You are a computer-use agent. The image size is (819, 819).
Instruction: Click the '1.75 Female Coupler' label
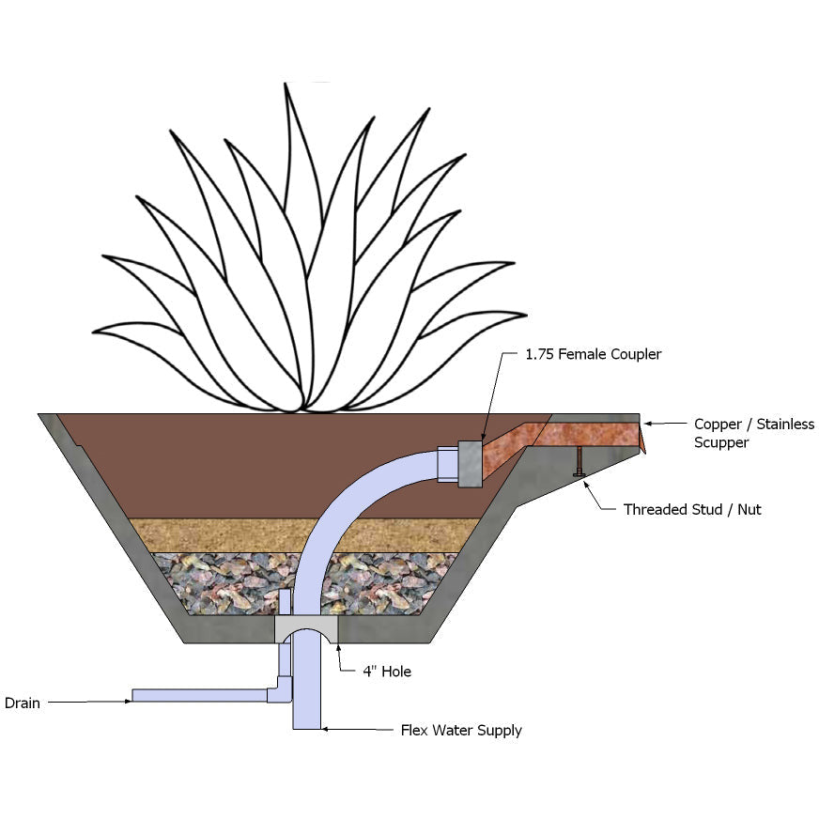tap(593, 354)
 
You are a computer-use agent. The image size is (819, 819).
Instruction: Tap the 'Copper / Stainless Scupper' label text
tap(753, 433)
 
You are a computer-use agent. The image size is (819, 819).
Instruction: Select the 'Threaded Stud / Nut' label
tap(692, 509)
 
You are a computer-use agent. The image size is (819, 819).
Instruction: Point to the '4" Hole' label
tap(387, 672)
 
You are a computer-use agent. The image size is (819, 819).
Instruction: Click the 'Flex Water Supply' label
tap(461, 730)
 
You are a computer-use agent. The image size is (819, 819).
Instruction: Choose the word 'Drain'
tap(23, 703)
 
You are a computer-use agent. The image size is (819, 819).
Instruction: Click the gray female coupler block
tap(471, 464)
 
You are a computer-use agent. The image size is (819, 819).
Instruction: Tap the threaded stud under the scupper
tap(579, 462)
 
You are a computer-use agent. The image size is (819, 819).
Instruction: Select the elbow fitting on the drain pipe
tap(282, 689)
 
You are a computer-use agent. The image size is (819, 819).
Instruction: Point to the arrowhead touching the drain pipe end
tap(129, 701)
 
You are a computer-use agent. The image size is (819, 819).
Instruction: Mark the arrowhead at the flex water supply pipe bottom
tap(325, 729)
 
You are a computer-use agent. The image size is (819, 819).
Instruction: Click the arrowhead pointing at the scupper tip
tap(648, 424)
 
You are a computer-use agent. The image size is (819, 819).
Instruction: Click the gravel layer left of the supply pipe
tap(224, 583)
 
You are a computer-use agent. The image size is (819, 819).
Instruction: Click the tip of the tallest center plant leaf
tap(286, 84)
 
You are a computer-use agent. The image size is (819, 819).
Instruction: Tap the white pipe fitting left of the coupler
tap(448, 464)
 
